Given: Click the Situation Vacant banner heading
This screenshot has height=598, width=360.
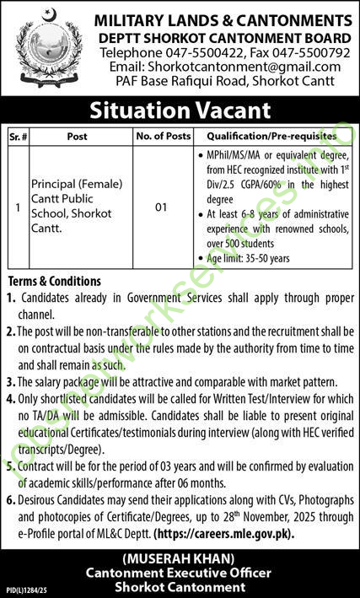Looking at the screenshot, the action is tap(180, 109).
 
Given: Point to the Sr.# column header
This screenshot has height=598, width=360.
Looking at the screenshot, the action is tap(22, 136).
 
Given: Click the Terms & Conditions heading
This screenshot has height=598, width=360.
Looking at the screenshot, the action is tap(54, 282).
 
